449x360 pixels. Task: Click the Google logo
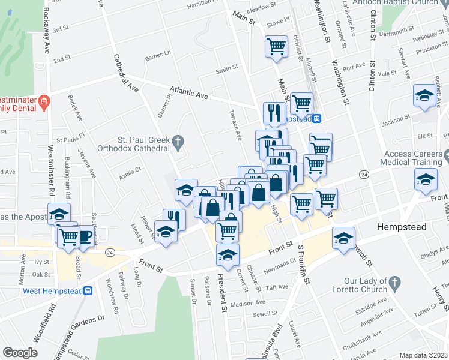20,353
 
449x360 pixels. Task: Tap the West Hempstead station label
52,291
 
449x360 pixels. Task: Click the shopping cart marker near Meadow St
276,46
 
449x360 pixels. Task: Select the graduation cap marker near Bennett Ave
424,95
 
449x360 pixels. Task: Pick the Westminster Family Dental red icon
43,103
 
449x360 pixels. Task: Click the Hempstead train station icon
316,119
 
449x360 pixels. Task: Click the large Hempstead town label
400,227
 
